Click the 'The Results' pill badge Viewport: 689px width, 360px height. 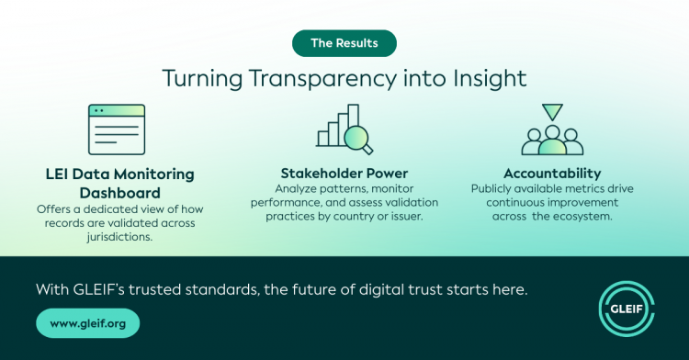(x=344, y=43)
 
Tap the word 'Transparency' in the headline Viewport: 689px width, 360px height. (x=323, y=79)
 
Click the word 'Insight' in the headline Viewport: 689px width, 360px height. (x=490, y=79)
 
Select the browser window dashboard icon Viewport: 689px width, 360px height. (x=117, y=129)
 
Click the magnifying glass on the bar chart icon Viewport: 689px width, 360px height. (x=357, y=139)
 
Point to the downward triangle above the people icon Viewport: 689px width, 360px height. (x=552, y=111)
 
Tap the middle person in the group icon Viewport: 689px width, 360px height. (x=552, y=141)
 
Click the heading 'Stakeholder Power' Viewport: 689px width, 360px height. (x=344, y=174)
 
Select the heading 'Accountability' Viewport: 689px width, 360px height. (x=552, y=174)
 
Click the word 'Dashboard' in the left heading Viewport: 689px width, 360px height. (x=120, y=193)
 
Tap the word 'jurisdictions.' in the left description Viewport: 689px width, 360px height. (x=119, y=237)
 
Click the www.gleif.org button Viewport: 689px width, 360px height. (x=88, y=323)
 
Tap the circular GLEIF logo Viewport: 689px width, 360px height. (x=627, y=309)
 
